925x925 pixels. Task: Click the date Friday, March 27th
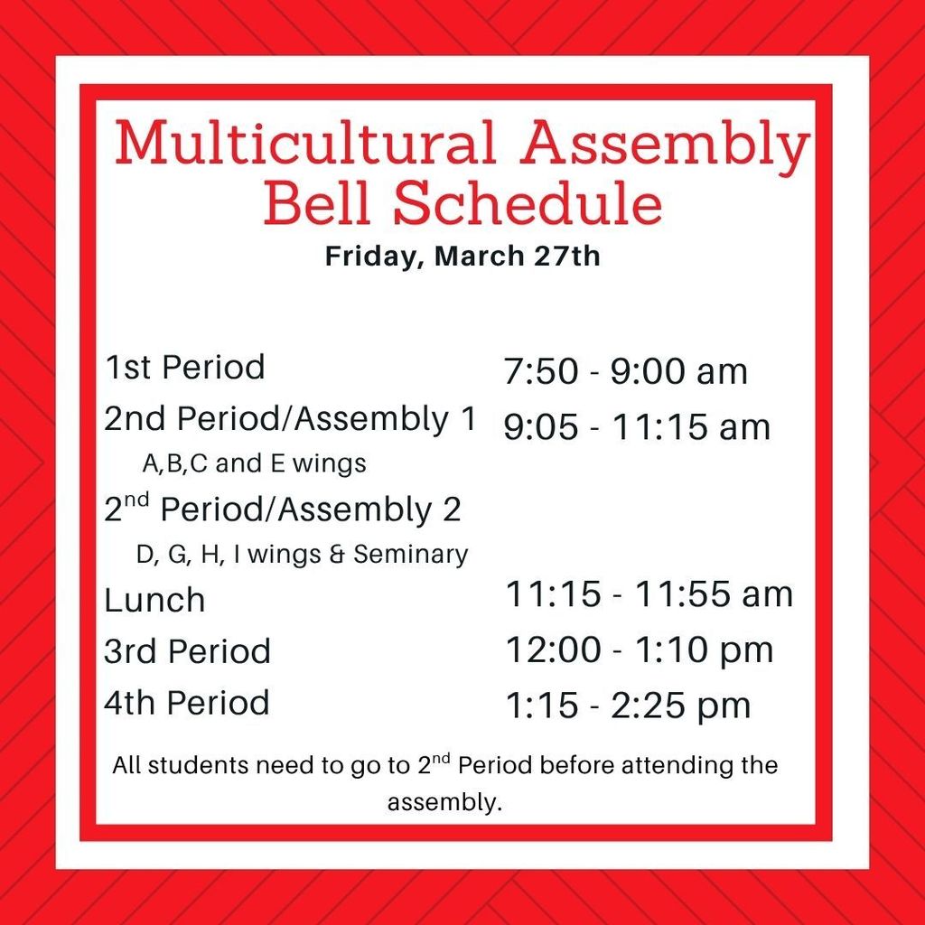pos(462,256)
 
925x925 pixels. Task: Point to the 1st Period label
pos(185,368)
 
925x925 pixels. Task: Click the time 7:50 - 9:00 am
pos(626,371)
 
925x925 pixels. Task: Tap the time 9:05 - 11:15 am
pos(637,426)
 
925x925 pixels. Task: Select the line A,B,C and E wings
pos(255,464)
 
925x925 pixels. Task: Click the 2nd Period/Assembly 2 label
pos(283,510)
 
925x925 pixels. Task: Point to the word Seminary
pos(411,554)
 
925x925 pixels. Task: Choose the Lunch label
pos(154,600)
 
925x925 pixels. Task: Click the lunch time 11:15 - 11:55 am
pos(649,594)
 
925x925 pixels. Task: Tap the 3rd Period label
pos(187,651)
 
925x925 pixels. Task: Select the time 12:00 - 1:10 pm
pos(639,649)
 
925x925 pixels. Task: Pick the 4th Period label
pos(187,703)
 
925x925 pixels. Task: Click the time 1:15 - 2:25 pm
pos(628,705)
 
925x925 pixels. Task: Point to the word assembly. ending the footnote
pos(444,802)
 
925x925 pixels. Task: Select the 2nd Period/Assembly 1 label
pos(290,419)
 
